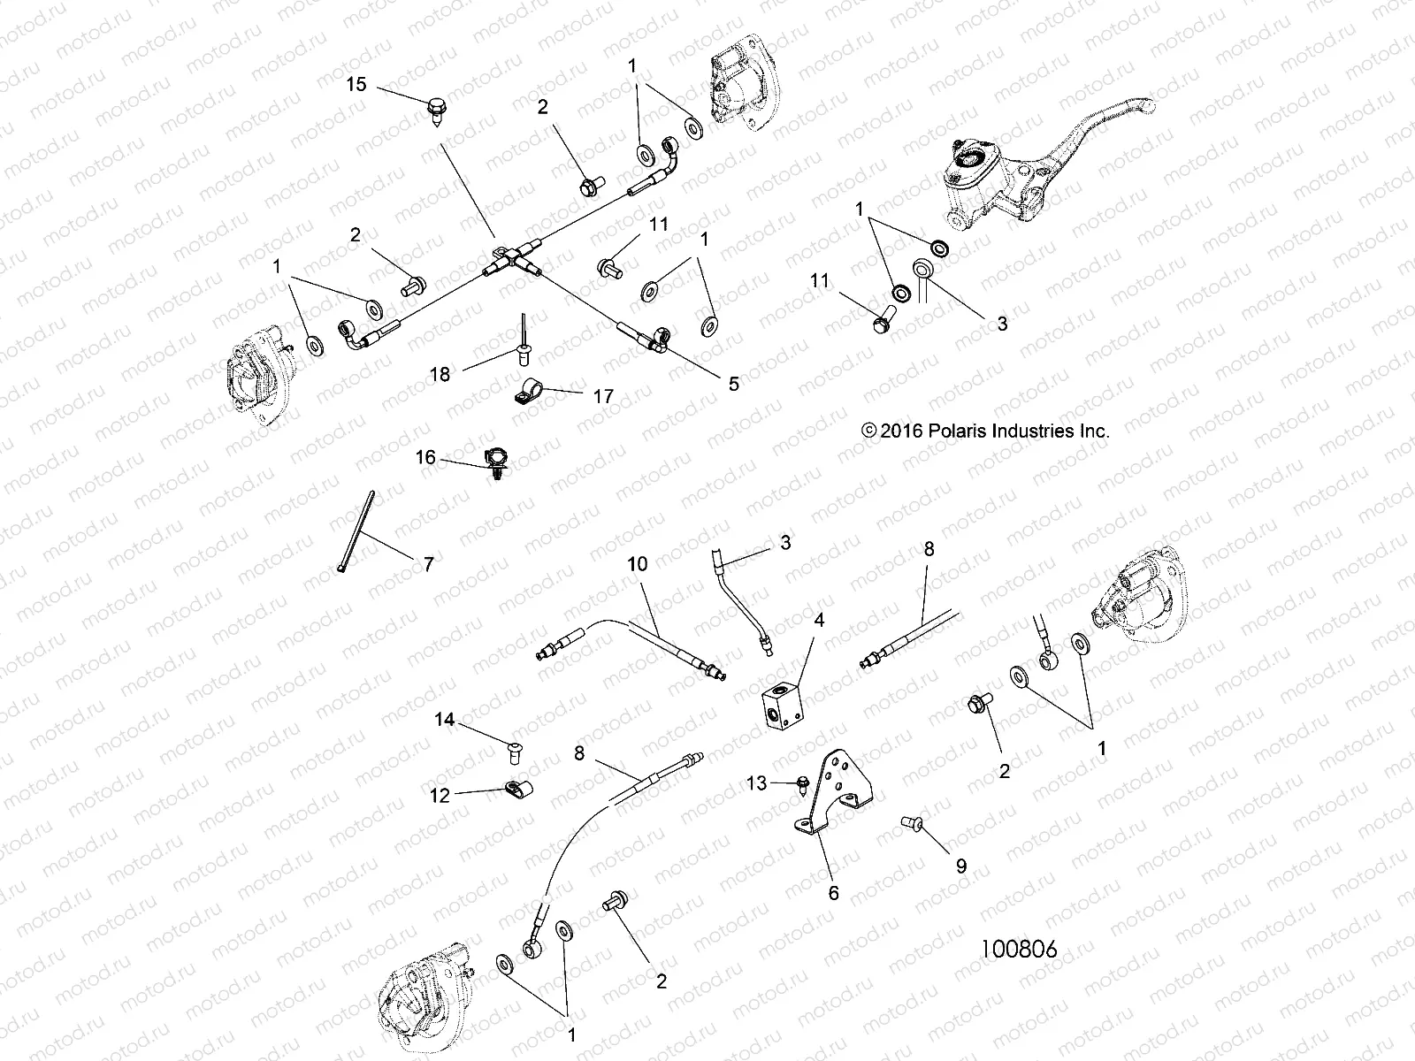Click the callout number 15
point(356,85)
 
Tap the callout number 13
point(757,782)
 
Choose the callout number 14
point(444,720)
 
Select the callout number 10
point(638,563)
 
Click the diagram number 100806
point(1019,950)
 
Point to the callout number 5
point(734,384)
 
